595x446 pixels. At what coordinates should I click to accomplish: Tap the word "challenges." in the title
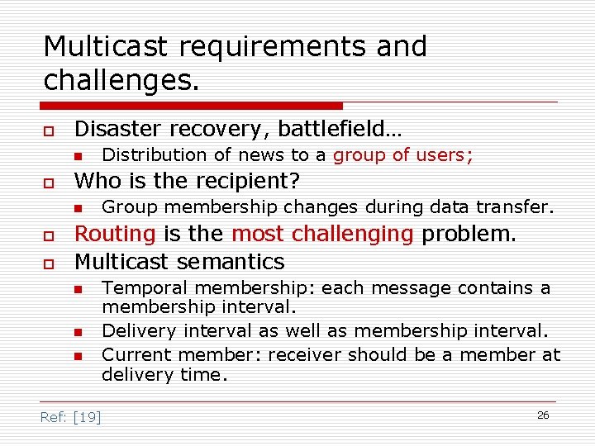pos(122,81)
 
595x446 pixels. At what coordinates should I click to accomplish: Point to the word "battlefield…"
pos(340,130)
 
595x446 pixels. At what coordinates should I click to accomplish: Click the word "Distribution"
pos(155,154)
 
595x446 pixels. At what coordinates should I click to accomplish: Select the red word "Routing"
pos(115,235)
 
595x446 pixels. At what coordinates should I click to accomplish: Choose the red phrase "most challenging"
pos(322,235)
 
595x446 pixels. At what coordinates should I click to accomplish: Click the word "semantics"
pos(235,263)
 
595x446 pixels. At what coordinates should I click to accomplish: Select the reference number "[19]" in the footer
pos(87,417)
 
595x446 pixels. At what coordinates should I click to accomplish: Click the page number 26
pos(543,415)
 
